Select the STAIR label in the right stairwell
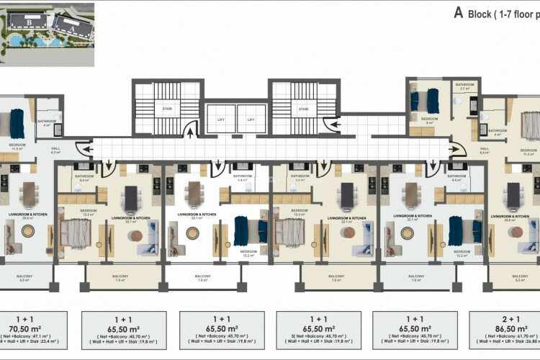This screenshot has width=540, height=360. pos(304,110)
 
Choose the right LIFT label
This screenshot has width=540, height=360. pos(251,120)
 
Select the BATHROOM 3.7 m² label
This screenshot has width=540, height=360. pos(464,87)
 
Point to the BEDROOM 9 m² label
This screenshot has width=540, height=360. pos(430,121)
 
